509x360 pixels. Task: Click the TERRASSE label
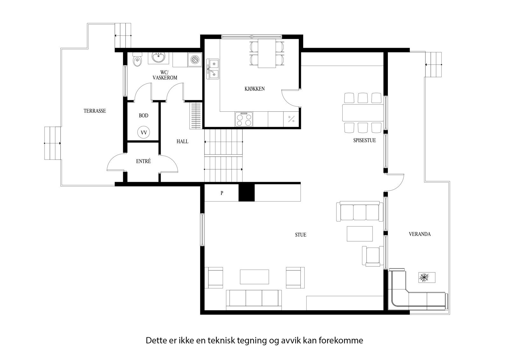point(94,111)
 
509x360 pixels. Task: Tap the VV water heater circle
point(144,132)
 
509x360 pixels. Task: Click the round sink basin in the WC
point(158,58)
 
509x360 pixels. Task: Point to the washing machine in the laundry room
point(194,59)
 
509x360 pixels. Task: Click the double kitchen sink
point(213,68)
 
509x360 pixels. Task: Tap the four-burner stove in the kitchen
point(244,119)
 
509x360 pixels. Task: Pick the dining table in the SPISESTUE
point(363,112)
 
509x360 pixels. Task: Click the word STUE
point(301,235)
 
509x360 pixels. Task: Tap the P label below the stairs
point(222,193)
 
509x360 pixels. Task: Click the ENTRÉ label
point(143,161)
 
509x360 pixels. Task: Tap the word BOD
point(143,116)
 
